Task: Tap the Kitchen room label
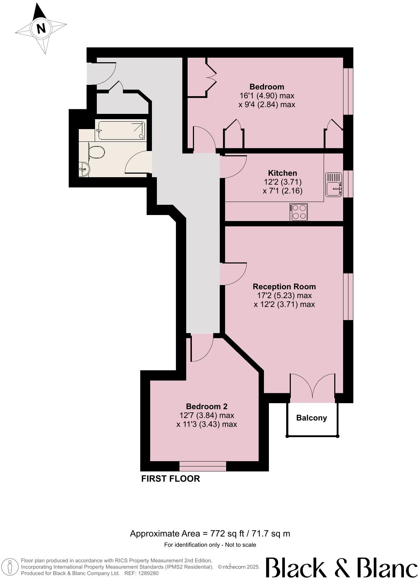(x=282, y=173)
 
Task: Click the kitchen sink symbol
(x=334, y=184)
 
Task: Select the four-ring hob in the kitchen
(x=299, y=212)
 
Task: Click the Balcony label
(x=311, y=418)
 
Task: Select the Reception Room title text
(x=284, y=286)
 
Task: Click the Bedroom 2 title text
(x=207, y=406)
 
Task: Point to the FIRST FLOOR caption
(x=170, y=478)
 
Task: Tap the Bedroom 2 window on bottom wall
(x=202, y=466)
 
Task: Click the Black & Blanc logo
(x=341, y=567)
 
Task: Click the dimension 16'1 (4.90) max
(x=267, y=95)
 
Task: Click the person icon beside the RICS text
(x=11, y=567)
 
